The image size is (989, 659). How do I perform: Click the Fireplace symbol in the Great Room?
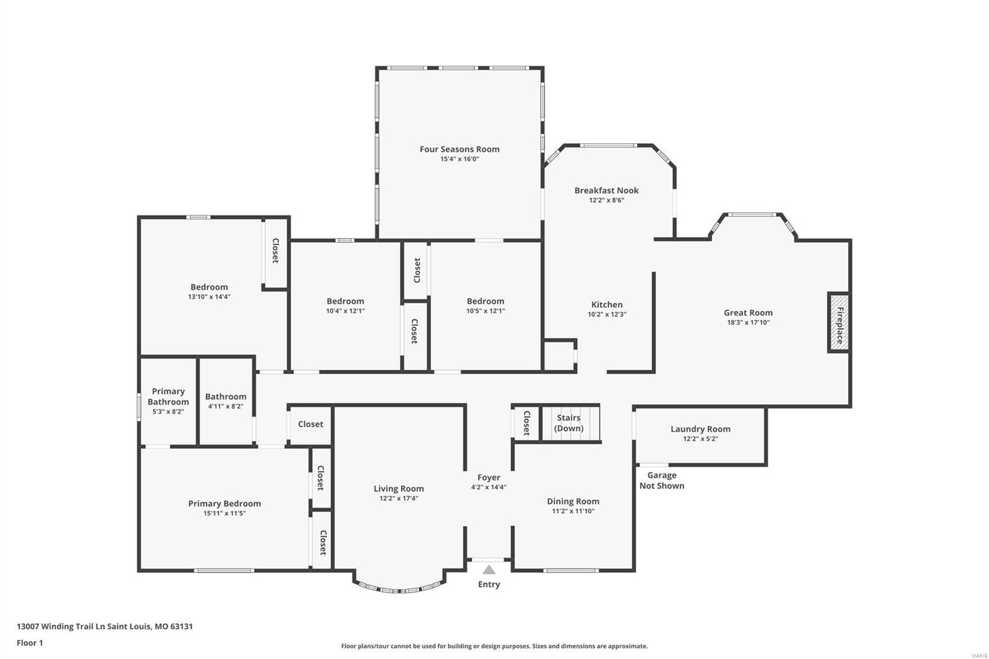tap(839, 323)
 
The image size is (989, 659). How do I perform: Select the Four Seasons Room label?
tap(459, 149)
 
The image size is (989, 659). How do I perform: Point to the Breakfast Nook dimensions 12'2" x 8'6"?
tap(606, 200)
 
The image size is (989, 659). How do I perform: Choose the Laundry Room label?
tap(700, 429)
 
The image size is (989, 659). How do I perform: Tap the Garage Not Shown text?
tap(661, 480)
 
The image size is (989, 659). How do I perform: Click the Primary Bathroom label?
tap(168, 396)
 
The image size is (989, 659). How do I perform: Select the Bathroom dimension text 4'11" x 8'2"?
tap(226, 407)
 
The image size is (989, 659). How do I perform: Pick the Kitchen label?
tap(607, 304)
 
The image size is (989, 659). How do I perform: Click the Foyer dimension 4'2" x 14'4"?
tap(488, 487)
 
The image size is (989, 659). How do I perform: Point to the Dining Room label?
tap(573, 501)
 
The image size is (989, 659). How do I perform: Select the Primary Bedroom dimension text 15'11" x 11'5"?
tap(224, 513)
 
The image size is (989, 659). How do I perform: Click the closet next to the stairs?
tap(526, 423)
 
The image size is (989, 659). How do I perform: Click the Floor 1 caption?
tap(30, 643)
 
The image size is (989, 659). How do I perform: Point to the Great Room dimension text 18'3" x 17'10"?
tap(748, 323)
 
